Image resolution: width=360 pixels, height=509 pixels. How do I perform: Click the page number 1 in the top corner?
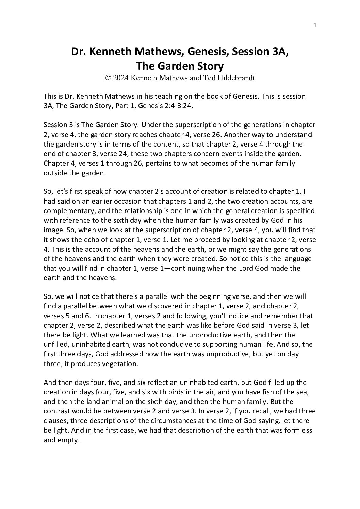[315, 25]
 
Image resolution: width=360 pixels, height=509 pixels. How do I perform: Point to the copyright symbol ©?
[108, 78]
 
